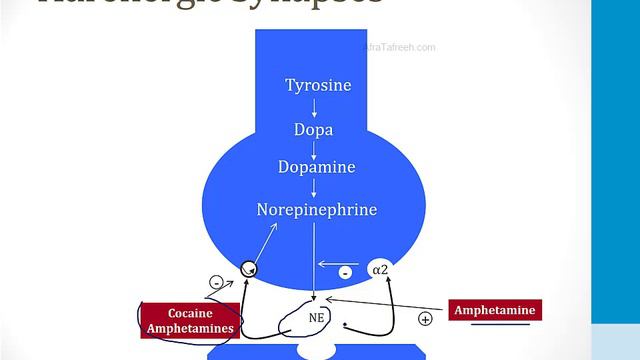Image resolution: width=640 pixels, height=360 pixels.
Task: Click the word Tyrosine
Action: (x=318, y=85)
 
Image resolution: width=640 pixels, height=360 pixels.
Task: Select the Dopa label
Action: (x=313, y=130)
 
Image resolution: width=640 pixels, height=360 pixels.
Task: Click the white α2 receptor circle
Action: (x=379, y=269)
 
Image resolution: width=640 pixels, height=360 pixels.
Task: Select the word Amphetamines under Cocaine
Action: (x=189, y=328)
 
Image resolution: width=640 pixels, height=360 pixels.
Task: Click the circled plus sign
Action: (x=424, y=319)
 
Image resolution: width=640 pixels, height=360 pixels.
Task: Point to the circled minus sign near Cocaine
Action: (x=215, y=283)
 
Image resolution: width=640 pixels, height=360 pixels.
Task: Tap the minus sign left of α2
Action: (x=344, y=271)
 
